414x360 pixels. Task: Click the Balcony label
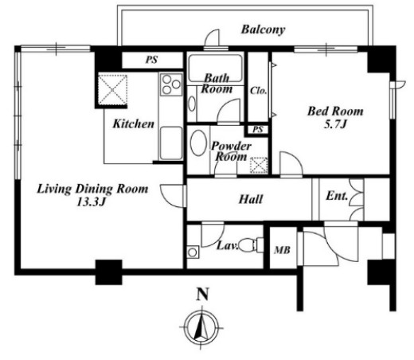click(x=263, y=29)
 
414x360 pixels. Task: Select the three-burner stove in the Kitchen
click(x=171, y=84)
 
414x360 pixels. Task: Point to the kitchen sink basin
click(x=171, y=143)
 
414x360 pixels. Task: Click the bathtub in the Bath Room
click(x=215, y=68)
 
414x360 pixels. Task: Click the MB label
click(x=283, y=250)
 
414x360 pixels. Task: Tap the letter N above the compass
click(x=202, y=294)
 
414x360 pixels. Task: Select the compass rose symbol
click(x=202, y=327)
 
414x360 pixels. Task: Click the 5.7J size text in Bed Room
click(x=335, y=124)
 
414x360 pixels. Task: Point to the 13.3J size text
click(x=92, y=202)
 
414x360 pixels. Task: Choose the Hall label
click(x=251, y=199)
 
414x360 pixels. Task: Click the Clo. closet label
click(x=259, y=91)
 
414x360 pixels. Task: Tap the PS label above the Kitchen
click(x=152, y=60)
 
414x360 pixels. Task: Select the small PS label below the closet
click(x=258, y=130)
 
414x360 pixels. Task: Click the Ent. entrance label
click(x=337, y=196)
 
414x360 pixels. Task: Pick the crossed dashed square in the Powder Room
click(x=259, y=166)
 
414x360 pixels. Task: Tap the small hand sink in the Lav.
click(x=193, y=252)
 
